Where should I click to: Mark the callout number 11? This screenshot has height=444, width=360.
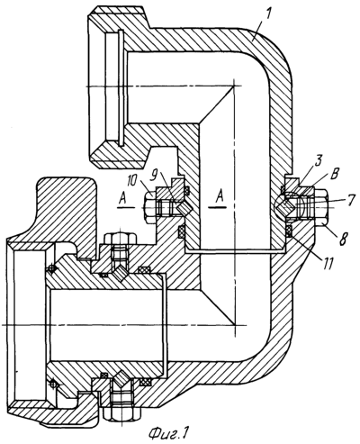(x=327, y=263)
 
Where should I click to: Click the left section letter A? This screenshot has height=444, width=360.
(x=122, y=199)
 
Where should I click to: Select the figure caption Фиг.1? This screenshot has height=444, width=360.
(x=169, y=433)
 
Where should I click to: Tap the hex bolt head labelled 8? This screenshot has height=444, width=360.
(x=321, y=207)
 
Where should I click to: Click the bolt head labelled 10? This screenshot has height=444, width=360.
(x=149, y=207)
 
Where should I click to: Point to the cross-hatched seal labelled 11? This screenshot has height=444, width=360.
(x=289, y=231)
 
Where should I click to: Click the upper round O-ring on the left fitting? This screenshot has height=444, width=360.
(x=51, y=268)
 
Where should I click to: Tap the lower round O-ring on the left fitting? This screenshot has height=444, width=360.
(x=53, y=384)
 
